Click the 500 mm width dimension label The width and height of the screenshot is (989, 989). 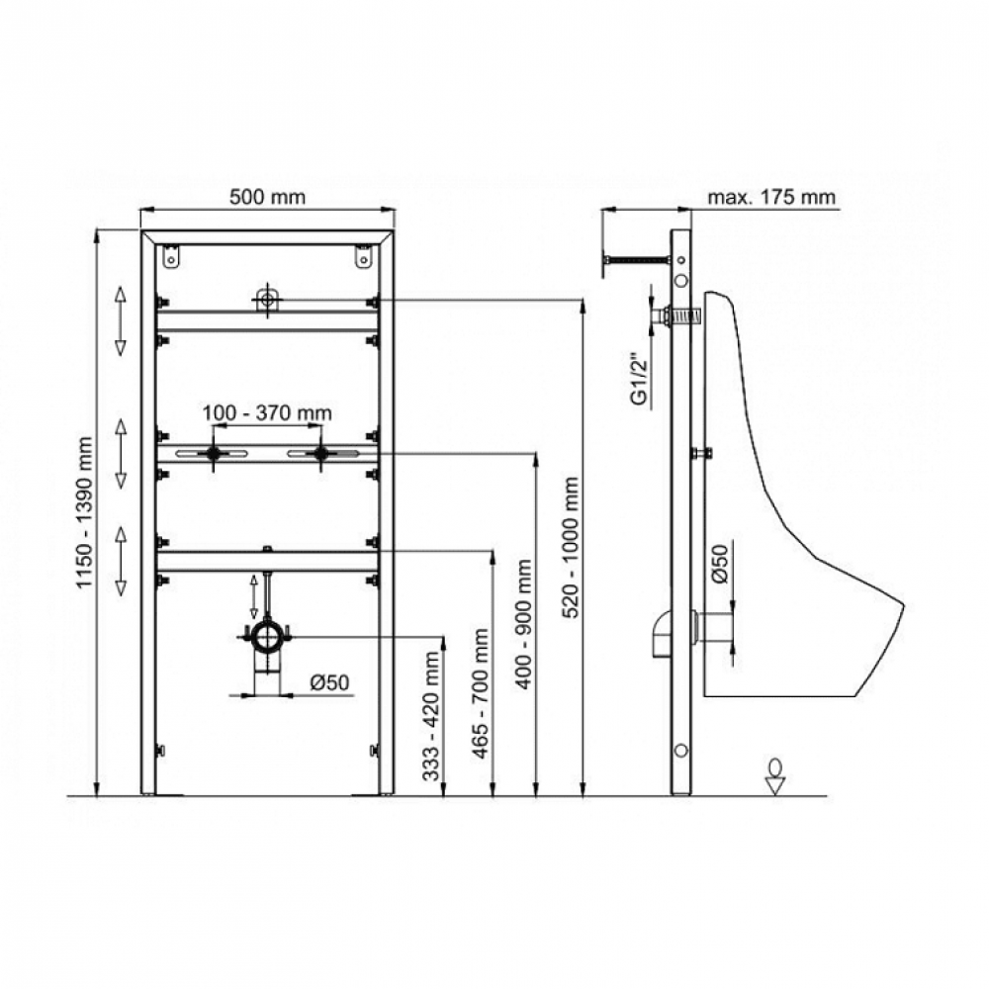pyautogui.click(x=267, y=197)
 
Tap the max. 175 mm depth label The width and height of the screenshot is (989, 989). pyautogui.click(x=771, y=197)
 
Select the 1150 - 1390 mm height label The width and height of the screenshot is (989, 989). pyautogui.click(x=84, y=512)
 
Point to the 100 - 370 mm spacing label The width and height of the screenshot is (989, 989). pyautogui.click(x=267, y=413)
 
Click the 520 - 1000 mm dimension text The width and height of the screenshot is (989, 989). pyautogui.click(x=571, y=547)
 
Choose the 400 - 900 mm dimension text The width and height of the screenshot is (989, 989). pyautogui.click(x=523, y=624)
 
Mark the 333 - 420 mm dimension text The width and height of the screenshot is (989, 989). pyautogui.click(x=431, y=715)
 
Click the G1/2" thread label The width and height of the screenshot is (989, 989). pyautogui.click(x=641, y=382)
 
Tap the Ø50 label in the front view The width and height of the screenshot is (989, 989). pyautogui.click(x=329, y=682)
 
